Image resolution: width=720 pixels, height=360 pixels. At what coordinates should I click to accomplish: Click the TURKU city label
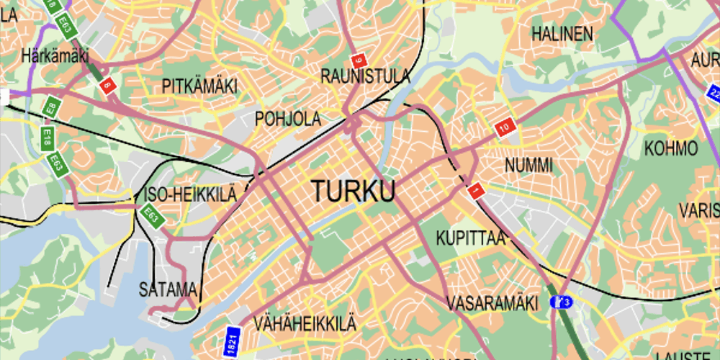click(354, 192)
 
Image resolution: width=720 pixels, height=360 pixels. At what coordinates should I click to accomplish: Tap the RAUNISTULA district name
click(365, 76)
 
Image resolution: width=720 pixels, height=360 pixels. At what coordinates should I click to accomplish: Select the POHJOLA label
click(288, 119)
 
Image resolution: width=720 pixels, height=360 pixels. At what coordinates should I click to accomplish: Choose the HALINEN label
click(562, 34)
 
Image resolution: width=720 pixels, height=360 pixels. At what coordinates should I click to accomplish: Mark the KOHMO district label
click(671, 149)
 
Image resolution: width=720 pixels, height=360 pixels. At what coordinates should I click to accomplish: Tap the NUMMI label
click(528, 166)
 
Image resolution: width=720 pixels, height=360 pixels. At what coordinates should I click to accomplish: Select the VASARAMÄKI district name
click(492, 303)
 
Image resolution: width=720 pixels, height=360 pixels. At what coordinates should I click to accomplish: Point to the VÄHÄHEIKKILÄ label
click(305, 324)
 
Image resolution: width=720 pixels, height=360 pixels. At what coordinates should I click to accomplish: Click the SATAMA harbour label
click(168, 290)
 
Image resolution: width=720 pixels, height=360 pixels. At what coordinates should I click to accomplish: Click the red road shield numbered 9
click(358, 60)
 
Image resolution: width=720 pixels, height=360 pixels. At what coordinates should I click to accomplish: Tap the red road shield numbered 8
click(107, 86)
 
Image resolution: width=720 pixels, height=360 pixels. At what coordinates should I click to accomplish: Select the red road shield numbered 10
click(505, 127)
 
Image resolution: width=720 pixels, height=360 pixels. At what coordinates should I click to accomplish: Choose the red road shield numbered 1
click(474, 192)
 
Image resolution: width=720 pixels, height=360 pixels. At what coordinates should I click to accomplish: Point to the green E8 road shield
click(50, 109)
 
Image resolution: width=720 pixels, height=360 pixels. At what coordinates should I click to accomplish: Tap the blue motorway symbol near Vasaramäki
click(562, 302)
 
